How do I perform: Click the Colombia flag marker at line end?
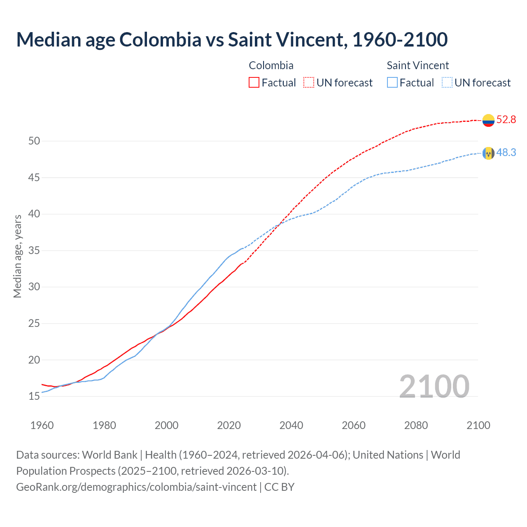(488, 120)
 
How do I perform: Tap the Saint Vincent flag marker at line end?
(488, 153)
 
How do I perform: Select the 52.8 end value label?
(506, 120)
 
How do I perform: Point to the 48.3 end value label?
(506, 153)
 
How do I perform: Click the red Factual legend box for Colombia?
(254, 83)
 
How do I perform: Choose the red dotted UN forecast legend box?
(309, 83)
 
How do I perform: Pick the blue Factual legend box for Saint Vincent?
(392, 83)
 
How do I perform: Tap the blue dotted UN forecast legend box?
(447, 83)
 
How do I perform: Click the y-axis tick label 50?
(34, 141)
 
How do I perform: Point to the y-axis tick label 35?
(34, 251)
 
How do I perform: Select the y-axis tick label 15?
(34, 396)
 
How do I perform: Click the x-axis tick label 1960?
(42, 425)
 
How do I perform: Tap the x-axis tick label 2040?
(291, 425)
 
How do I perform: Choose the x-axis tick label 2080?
(416, 425)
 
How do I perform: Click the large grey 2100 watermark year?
(434, 387)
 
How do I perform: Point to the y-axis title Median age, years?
(17, 256)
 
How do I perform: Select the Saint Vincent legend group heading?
(417, 65)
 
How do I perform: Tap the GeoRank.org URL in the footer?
(136, 487)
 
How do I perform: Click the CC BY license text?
(280, 487)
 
